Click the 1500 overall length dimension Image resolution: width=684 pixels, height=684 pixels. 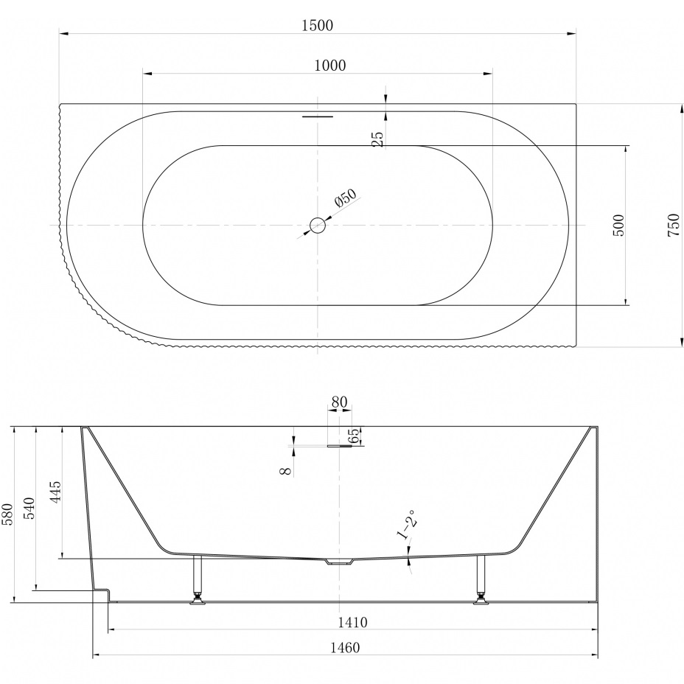point(317,25)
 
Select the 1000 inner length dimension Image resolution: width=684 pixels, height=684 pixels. point(329,66)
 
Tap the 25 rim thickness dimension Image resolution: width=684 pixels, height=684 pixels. point(379,139)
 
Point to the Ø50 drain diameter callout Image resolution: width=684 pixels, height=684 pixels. point(346,198)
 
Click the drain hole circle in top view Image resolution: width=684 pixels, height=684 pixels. point(318,225)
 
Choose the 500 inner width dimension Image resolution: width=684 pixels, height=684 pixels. point(618,225)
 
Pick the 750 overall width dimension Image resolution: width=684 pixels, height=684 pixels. point(673,225)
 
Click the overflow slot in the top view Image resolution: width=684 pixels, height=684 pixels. point(318,116)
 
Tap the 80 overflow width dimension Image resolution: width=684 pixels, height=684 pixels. point(339,402)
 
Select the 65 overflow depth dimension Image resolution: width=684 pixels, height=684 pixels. point(355,436)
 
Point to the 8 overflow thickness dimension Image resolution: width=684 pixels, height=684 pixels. point(286,471)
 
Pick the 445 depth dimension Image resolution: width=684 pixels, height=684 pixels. point(56,492)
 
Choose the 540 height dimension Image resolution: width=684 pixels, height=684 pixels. point(29,508)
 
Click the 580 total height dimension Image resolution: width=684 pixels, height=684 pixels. point(9,514)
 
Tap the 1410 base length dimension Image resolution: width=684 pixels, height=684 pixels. point(352,623)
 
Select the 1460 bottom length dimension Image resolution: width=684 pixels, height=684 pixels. point(345,648)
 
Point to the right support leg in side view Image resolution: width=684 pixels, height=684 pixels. point(481,580)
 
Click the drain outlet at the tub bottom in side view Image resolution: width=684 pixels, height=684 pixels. point(339,562)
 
